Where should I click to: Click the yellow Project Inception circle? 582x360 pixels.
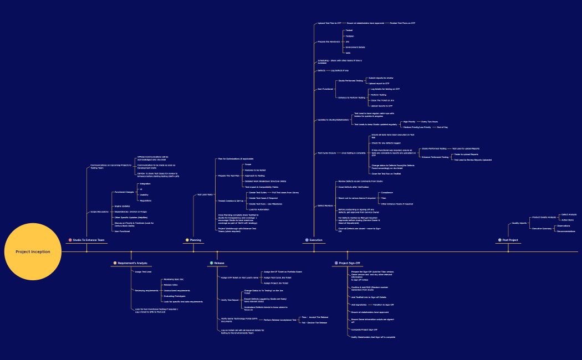pyautogui.click(x=33, y=251)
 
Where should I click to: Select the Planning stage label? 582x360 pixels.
pyautogui.click(x=195, y=240)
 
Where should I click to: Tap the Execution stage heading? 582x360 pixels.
pyautogui.click(x=315, y=240)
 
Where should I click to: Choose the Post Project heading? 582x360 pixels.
pyautogui.click(x=510, y=240)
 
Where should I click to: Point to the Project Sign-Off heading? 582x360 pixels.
pyautogui.click(x=349, y=263)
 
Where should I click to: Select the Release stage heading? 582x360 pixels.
pyautogui.click(x=219, y=263)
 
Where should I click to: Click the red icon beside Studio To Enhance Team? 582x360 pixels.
pyautogui.click(x=70, y=240)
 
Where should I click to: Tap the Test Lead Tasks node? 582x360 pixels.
pyautogui.click(x=205, y=194)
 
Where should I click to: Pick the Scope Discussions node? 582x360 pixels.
pyautogui.click(x=99, y=212)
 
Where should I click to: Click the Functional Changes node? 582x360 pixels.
pyautogui.click(x=124, y=192)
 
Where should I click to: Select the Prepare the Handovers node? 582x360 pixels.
pyautogui.click(x=329, y=42)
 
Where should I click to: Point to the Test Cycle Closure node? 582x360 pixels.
pyautogui.click(x=326, y=153)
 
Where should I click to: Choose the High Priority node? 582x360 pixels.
pyautogui.click(x=409, y=121)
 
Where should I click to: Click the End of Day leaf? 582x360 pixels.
pyautogui.click(x=442, y=127)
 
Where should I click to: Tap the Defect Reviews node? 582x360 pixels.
pyautogui.click(x=325, y=205)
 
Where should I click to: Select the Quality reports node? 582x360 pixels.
pyautogui.click(x=519, y=223)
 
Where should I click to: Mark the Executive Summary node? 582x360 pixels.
pyautogui.click(x=542, y=228)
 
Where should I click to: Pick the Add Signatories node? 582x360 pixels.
pyautogui.click(x=359, y=305)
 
